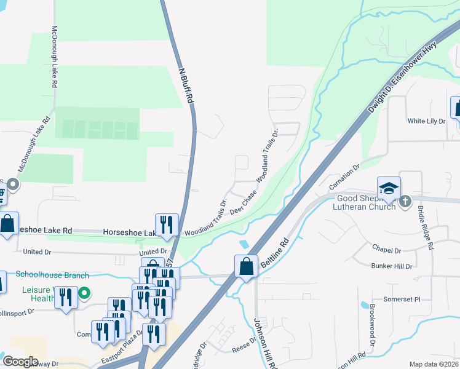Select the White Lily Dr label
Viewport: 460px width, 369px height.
point(426,121)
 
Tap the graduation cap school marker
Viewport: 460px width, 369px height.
point(389,189)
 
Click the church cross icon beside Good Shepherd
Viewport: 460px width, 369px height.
point(405,201)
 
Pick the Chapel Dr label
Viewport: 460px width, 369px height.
point(386,250)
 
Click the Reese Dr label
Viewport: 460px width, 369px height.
point(239,349)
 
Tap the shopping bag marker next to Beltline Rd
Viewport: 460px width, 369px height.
point(246,267)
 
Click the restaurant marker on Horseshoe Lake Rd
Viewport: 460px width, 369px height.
point(167,226)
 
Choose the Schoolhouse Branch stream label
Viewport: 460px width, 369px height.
point(52,276)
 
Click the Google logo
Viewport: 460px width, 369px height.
point(20,362)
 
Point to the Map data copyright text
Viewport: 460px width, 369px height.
point(434,364)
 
